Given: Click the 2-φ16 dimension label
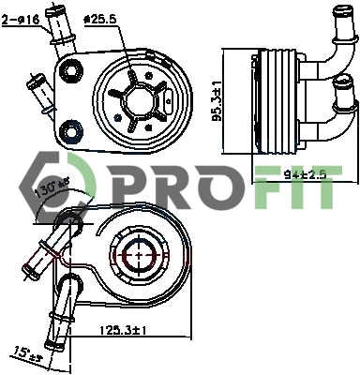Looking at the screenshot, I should tap(22, 18).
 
